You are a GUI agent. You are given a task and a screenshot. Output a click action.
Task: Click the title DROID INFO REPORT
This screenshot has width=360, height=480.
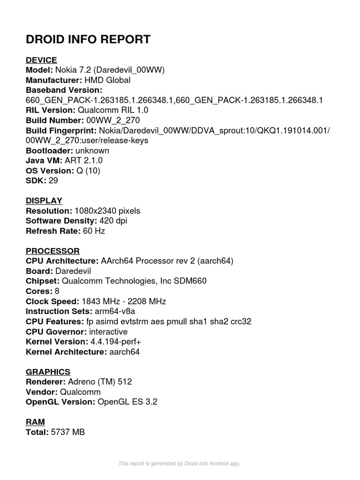click(88, 39)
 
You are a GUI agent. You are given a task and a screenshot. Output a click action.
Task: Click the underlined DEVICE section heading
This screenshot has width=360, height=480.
click(41, 60)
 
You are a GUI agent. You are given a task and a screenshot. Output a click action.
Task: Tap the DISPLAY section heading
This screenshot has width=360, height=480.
click(44, 201)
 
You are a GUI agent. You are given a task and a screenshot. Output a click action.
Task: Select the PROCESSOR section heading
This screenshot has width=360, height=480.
click(52, 251)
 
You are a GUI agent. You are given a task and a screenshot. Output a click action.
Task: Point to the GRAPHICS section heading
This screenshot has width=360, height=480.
click(48, 372)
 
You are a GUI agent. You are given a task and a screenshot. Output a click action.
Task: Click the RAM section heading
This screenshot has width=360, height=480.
click(35, 422)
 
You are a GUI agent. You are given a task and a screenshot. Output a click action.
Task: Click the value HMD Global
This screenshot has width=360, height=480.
click(107, 80)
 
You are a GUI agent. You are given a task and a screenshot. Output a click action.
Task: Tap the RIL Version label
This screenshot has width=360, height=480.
click(50, 110)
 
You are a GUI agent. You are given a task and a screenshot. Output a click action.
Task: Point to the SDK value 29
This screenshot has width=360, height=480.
click(53, 180)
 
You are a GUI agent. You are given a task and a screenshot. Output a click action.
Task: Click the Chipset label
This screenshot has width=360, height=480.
click(43, 281)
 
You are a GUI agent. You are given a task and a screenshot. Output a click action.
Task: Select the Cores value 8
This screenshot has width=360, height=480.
click(57, 291)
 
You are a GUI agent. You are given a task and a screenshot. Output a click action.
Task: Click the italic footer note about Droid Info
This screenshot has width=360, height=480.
click(179, 463)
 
